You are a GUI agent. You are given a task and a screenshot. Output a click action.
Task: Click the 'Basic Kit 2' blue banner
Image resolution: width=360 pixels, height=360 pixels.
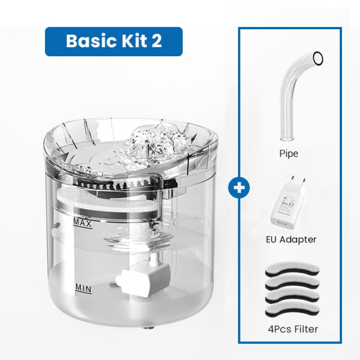(114, 41)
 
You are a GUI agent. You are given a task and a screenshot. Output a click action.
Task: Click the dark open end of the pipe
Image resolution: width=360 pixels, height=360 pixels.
(318, 57)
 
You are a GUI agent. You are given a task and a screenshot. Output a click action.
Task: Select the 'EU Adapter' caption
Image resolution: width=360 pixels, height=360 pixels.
(290, 239)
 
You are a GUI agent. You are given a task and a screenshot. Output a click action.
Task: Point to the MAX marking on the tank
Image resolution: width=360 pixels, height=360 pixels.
(83, 223)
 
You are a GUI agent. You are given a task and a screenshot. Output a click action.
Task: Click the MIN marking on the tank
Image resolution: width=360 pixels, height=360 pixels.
(83, 289)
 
